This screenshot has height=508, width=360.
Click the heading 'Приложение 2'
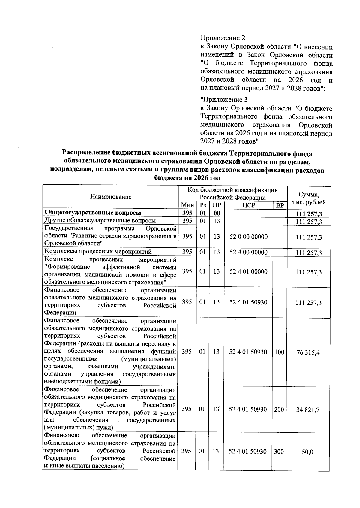click(x=223, y=38)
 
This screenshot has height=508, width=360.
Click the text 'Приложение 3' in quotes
click(x=223, y=100)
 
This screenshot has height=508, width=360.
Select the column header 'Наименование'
click(x=111, y=197)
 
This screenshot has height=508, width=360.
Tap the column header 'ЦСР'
click(x=248, y=206)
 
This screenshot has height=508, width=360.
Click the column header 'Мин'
click(x=187, y=206)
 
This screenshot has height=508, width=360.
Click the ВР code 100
click(x=279, y=352)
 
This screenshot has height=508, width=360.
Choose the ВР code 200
click(x=279, y=410)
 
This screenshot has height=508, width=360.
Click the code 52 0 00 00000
click(x=248, y=237)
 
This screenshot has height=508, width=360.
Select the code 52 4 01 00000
click(x=248, y=272)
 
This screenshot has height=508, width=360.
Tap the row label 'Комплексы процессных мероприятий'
click(x=98, y=252)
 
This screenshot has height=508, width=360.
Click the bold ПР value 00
click(x=217, y=213)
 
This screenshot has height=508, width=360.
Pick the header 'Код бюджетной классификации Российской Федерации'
click(x=232, y=194)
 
